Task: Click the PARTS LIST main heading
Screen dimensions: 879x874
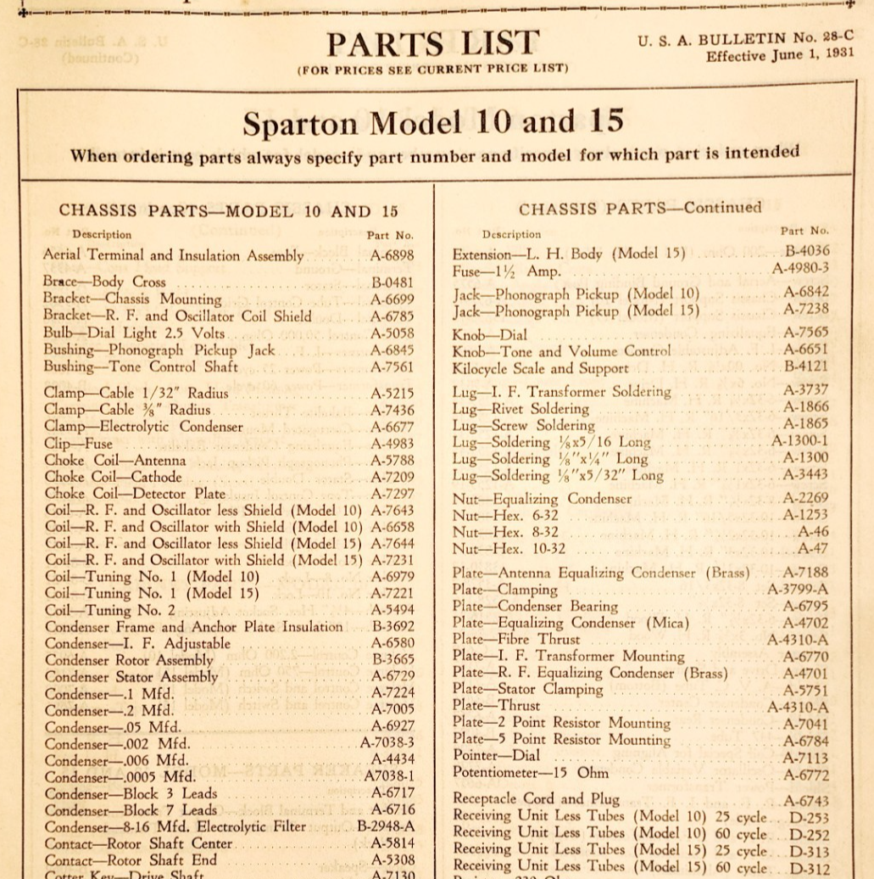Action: click(432, 44)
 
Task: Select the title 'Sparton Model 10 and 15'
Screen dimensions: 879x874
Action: click(432, 123)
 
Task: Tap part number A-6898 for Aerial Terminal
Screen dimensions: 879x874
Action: click(392, 255)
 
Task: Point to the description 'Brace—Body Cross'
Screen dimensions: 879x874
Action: click(105, 282)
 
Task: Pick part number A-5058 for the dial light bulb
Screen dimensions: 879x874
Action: click(392, 333)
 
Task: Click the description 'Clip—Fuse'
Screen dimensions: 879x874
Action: click(78, 444)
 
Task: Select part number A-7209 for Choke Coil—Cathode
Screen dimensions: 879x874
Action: click(392, 477)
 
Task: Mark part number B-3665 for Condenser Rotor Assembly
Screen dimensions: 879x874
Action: click(392, 659)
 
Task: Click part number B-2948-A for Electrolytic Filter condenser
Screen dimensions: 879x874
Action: click(386, 826)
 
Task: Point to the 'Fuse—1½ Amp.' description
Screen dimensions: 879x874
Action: click(506, 272)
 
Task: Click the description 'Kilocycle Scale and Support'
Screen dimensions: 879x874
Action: click(540, 369)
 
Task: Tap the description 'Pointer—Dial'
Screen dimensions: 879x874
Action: click(496, 756)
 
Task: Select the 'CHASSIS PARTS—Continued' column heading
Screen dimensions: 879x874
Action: click(640, 209)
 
